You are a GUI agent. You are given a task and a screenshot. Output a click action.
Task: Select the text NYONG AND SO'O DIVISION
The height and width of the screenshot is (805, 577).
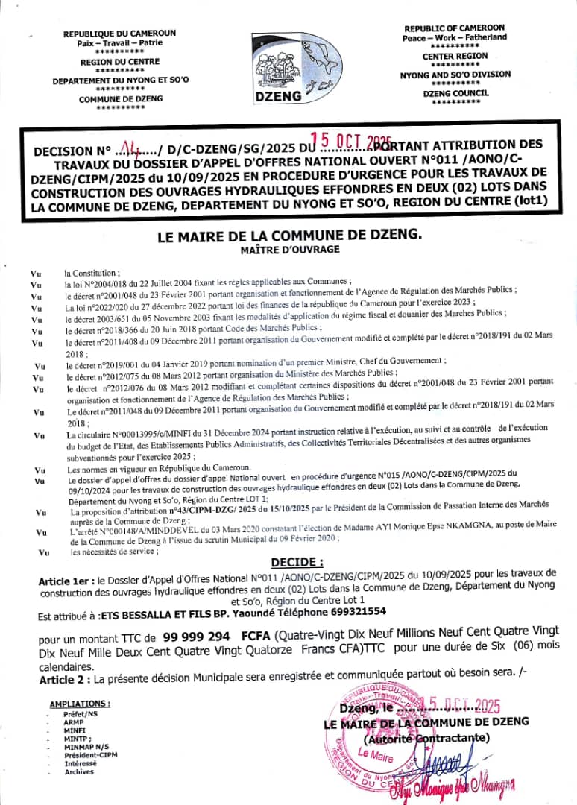(455, 75)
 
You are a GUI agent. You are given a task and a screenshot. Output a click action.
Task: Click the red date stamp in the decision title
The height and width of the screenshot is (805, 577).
(350, 140)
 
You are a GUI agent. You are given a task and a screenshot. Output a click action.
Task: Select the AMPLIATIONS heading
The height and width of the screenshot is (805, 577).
(79, 704)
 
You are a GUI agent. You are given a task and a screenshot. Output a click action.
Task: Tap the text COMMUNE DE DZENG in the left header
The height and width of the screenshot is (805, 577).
(120, 98)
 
